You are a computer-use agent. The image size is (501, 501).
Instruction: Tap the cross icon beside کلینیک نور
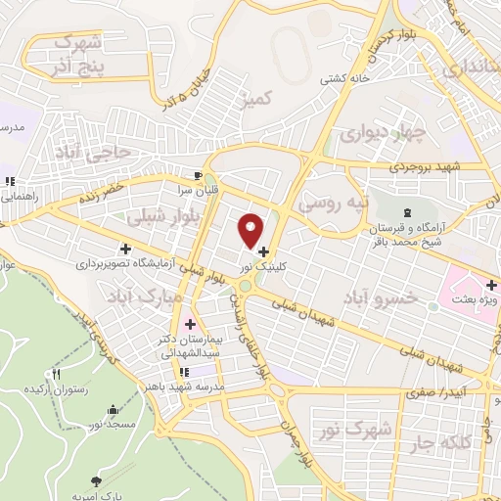[263, 252]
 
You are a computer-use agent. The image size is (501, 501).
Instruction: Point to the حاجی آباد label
[108, 155]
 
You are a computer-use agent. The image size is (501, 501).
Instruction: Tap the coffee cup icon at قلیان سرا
[199, 175]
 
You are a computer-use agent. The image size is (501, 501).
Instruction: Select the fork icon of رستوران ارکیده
[57, 374]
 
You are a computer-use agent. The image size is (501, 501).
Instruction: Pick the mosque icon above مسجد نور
[114, 410]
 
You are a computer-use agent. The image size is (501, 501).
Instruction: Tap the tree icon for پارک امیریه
[96, 480]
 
